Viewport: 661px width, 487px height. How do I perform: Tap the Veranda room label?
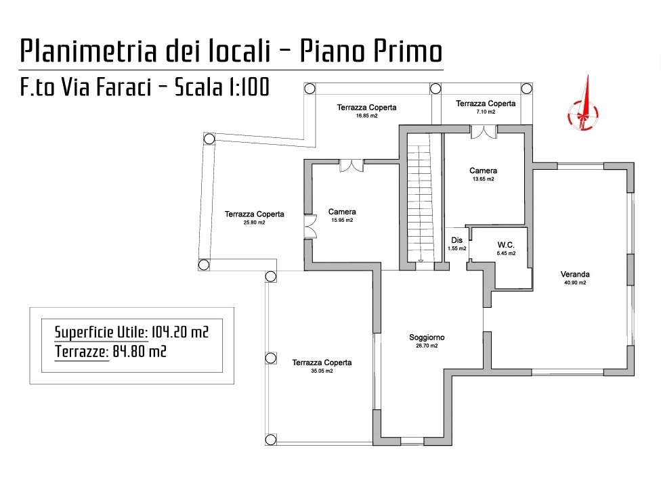[575, 275]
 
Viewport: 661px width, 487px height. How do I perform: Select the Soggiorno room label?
[427, 338]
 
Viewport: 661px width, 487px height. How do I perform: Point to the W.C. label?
[506, 245]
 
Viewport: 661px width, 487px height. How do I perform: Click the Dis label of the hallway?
[457, 240]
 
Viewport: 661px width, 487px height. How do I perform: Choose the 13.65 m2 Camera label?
[483, 171]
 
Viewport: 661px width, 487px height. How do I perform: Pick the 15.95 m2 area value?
[342, 220]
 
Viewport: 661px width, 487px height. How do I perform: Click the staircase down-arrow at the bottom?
[421, 260]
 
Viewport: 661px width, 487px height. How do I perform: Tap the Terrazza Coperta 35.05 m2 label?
[322, 363]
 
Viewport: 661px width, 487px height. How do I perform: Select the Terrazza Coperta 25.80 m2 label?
[254, 214]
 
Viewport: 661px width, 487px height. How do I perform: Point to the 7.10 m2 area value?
[486, 112]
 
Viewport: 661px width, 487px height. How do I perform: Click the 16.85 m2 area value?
[367, 116]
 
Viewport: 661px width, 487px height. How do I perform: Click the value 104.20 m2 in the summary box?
[180, 332]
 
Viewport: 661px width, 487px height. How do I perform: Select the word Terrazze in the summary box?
[82, 352]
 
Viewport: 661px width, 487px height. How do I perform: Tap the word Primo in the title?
[406, 51]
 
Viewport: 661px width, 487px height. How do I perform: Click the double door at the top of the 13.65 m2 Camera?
[484, 132]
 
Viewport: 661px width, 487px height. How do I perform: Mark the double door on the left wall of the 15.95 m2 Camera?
[310, 227]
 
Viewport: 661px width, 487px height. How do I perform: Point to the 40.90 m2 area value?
[575, 283]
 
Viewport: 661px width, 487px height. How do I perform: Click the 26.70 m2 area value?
[427, 346]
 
